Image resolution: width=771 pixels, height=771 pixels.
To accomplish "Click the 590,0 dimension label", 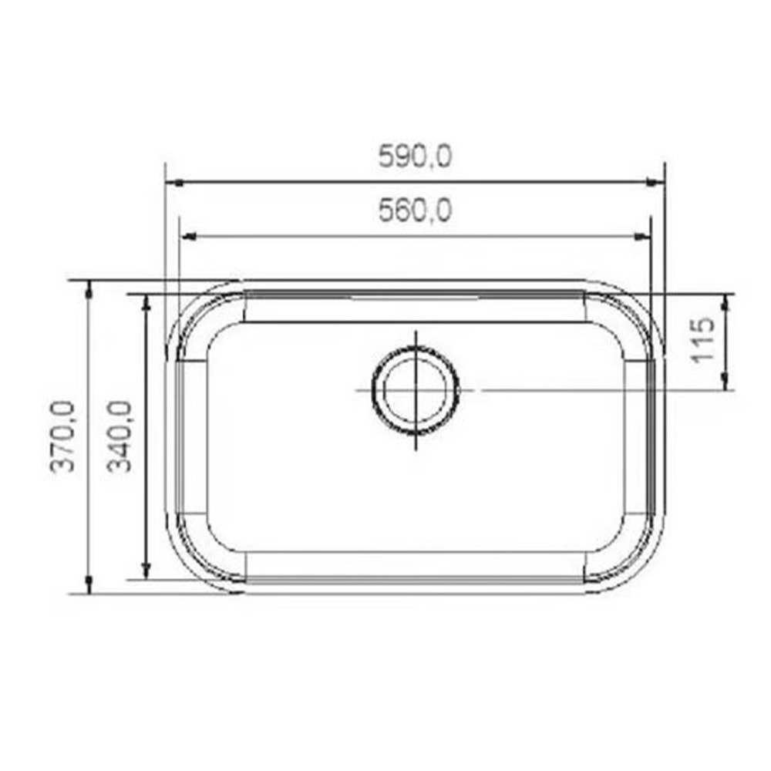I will coord(415,157).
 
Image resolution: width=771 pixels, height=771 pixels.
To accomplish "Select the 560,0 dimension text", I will coord(415,210).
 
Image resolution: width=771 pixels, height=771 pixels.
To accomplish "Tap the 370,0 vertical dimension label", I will coord(62,437).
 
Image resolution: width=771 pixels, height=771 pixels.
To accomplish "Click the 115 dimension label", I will coord(703,340).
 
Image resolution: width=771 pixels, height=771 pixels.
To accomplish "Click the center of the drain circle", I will coord(416,390).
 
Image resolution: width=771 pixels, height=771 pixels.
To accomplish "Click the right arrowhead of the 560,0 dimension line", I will coord(644,236).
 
